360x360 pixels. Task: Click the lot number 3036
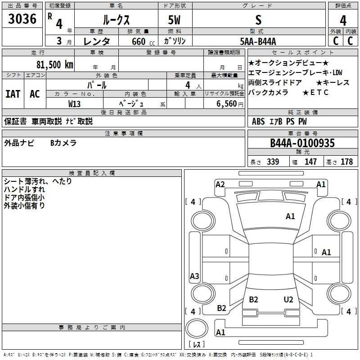pyautogui.click(x=22, y=19)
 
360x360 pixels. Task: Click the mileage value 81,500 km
pyautogui.click(x=54, y=64)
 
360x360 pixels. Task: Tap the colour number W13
pyautogui.click(x=75, y=103)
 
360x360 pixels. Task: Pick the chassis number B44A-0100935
pyautogui.click(x=302, y=144)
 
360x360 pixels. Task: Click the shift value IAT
pyautogui.click(x=13, y=94)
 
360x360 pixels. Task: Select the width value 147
pyautogui.click(x=310, y=162)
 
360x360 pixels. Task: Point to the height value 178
pyautogui.click(x=346, y=162)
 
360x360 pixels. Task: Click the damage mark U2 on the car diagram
pyautogui.click(x=288, y=300)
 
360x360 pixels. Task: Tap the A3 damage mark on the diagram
pyautogui.click(x=194, y=276)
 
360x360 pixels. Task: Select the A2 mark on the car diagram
pyautogui.click(x=220, y=184)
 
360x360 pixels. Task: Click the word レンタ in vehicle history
pyautogui.click(x=97, y=41)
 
